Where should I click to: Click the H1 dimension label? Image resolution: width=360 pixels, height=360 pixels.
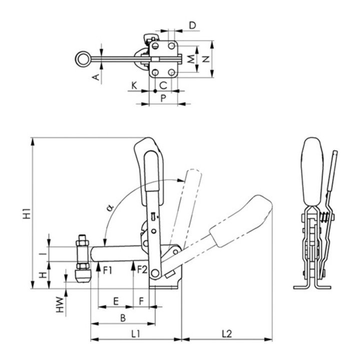[27, 213]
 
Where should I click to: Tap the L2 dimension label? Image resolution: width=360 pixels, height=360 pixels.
[227, 333]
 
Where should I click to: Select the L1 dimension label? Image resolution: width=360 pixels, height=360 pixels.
[135, 333]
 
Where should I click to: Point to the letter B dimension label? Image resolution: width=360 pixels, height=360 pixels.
[123, 318]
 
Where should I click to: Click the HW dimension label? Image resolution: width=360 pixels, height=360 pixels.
[60, 304]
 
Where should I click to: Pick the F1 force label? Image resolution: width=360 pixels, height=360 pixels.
[107, 270]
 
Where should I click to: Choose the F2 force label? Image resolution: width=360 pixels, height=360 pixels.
[142, 269]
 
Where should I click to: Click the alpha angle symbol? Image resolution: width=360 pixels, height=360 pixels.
[110, 208]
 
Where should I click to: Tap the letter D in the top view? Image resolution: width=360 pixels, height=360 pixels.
[192, 25]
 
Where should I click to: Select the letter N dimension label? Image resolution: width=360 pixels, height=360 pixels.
[206, 59]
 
